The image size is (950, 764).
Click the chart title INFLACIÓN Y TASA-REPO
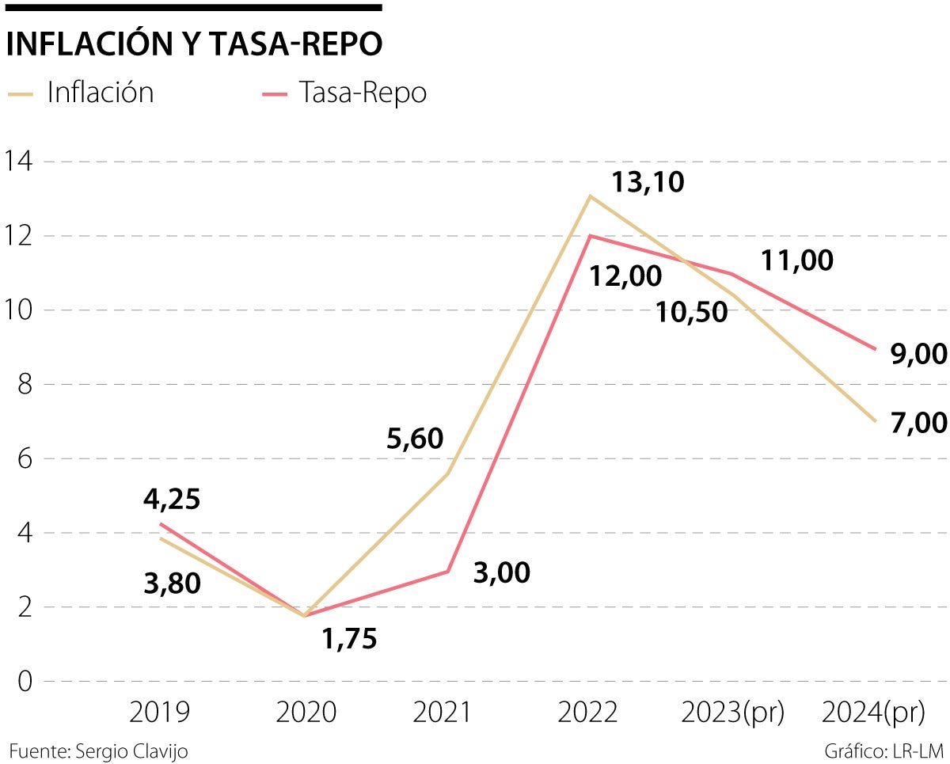194,45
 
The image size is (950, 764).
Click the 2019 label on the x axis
159,713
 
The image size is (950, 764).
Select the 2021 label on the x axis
442,713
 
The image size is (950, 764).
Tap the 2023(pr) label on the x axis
733,713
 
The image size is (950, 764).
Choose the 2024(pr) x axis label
873,713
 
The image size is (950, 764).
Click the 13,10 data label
648,183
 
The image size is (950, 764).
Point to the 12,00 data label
625,276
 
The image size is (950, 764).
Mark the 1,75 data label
349,638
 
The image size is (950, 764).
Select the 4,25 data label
172,500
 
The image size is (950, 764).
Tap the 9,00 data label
918,355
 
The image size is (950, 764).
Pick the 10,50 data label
691,312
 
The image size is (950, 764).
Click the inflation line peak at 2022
589,196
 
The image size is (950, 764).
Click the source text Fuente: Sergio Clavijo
99,751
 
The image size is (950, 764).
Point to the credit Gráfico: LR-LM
884,751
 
